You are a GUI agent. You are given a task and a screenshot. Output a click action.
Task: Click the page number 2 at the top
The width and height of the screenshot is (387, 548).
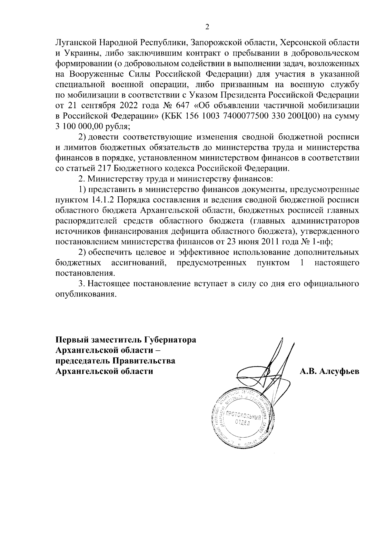tap(207, 27)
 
